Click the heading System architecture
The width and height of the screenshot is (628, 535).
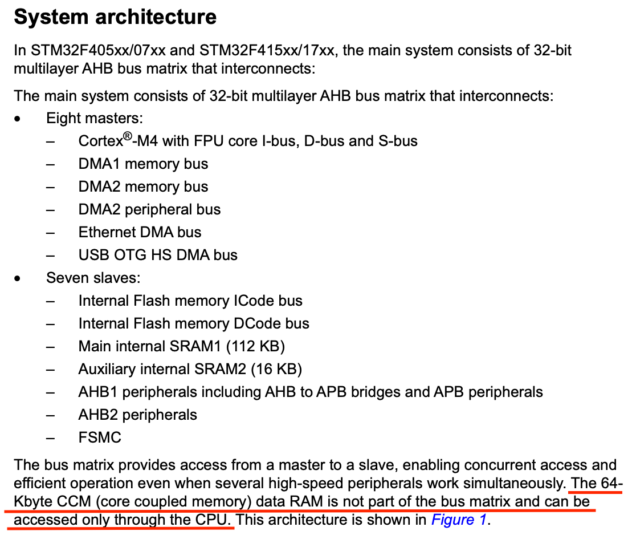115,17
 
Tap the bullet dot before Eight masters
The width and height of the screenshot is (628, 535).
19,119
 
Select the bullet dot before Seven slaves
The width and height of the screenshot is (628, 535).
19,279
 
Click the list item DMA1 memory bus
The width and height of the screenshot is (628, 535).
143,164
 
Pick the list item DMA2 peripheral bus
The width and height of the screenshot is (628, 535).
149,209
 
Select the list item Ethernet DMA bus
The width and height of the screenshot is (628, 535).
140,232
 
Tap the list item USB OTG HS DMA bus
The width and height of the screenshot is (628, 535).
158,255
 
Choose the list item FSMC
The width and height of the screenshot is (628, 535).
100,437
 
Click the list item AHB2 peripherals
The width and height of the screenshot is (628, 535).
137,415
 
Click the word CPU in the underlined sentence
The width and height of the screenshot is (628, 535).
215,520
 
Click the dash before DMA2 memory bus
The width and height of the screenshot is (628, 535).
52,187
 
